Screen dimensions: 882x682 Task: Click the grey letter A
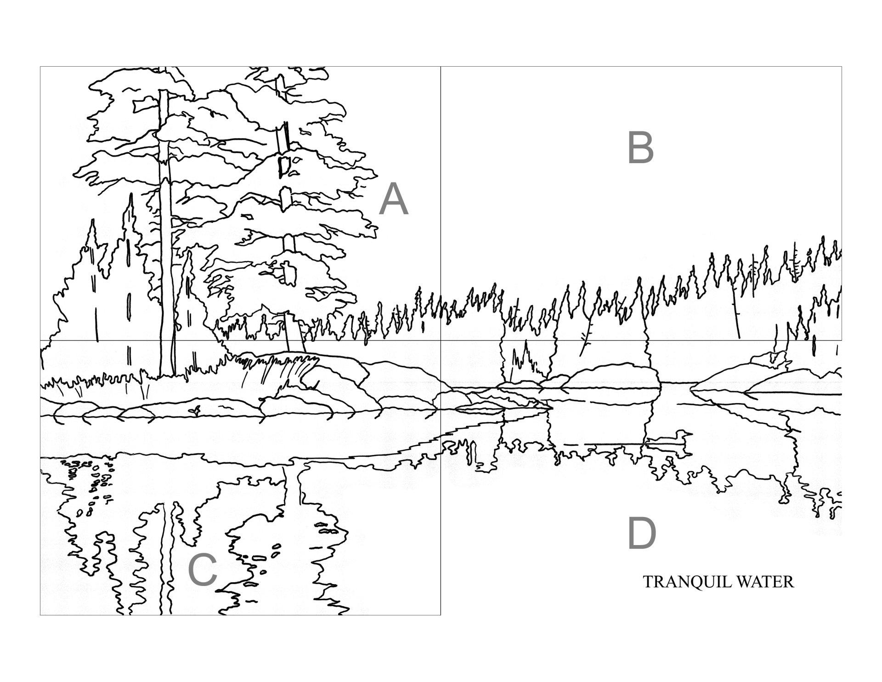394,199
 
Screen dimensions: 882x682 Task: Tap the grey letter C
203,569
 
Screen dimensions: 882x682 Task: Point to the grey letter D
642,533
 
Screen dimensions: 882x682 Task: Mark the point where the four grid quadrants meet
441,341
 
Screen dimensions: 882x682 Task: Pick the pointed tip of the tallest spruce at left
131,194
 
